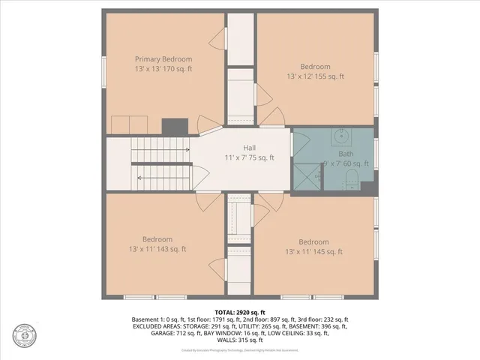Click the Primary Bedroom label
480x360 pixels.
click(x=163, y=59)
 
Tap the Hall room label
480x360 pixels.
click(x=249, y=148)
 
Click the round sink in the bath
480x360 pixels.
click(x=341, y=137)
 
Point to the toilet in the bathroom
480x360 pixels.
click(x=349, y=178)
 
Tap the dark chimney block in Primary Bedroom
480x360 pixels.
click(x=174, y=126)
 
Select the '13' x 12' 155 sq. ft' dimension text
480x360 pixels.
click(x=316, y=76)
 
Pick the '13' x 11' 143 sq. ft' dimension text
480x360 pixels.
click(x=157, y=249)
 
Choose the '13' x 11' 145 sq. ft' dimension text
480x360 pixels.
click(x=313, y=252)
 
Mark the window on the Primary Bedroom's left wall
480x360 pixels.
click(x=103, y=69)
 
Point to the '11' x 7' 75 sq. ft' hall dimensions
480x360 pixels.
click(x=249, y=158)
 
